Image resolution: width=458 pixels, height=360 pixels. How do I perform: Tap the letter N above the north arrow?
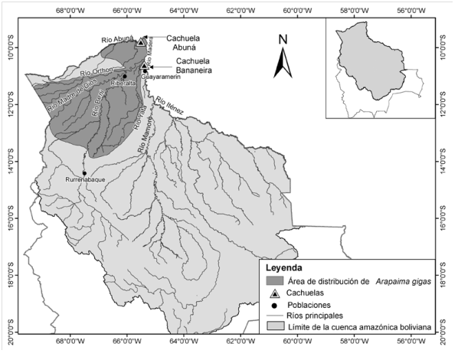(x=283, y=39)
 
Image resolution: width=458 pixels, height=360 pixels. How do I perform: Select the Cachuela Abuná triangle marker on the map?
(x=141, y=42)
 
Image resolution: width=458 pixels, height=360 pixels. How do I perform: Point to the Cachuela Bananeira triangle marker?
(x=144, y=67)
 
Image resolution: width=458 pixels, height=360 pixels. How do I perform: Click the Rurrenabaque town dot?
(x=84, y=173)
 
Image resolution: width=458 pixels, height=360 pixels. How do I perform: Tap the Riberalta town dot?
(x=124, y=76)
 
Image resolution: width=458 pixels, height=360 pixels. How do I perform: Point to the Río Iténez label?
(x=170, y=105)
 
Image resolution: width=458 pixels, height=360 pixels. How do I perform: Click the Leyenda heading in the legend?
(x=283, y=269)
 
